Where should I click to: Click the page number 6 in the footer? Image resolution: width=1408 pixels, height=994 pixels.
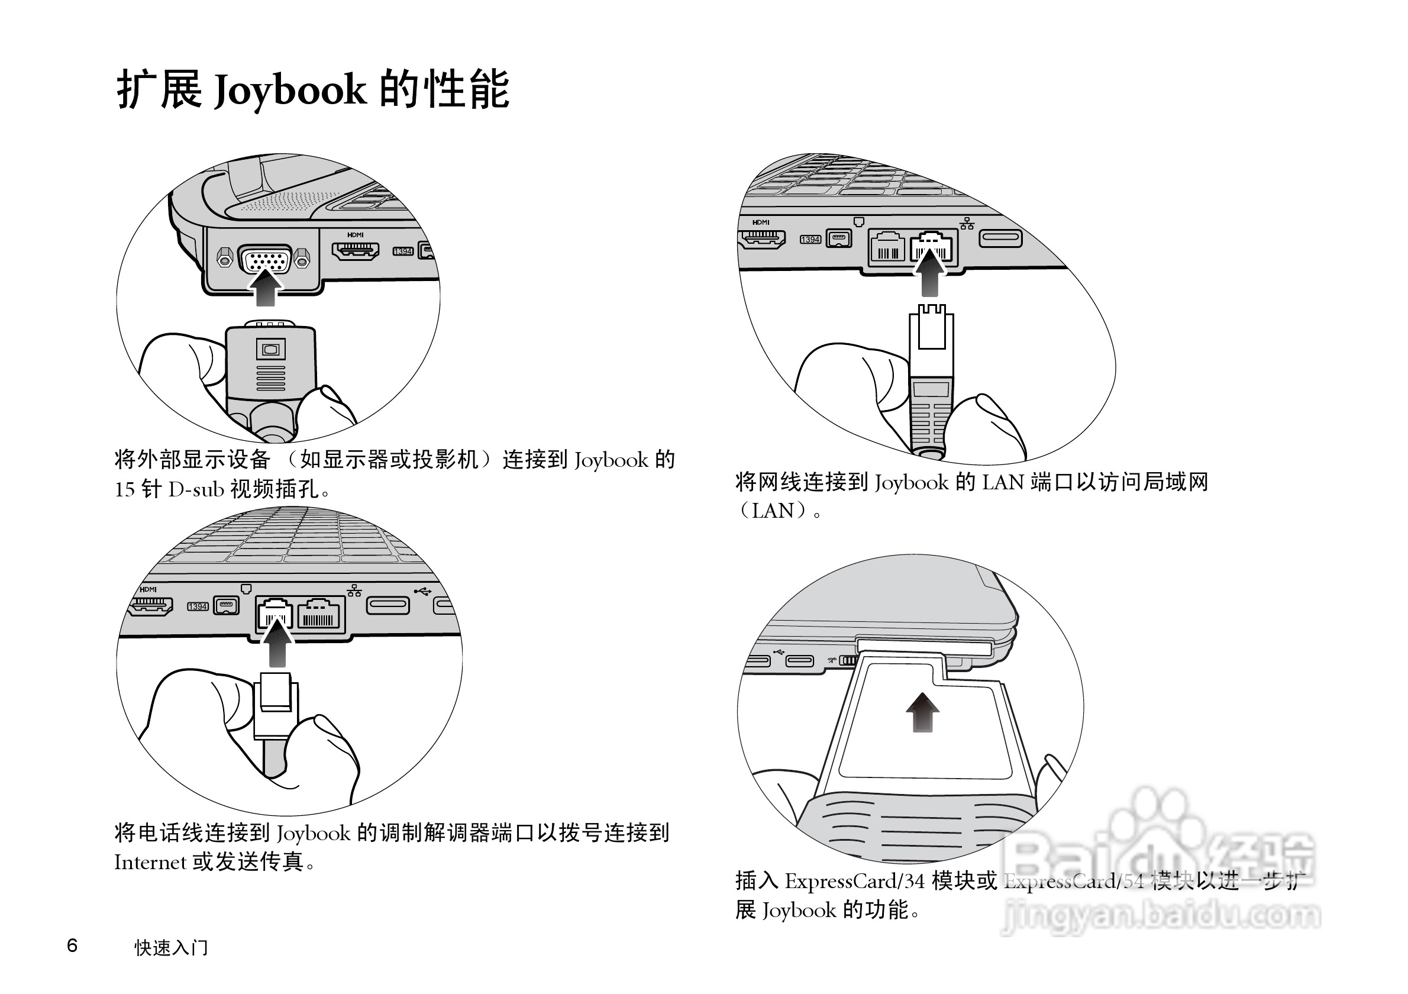(x=72, y=945)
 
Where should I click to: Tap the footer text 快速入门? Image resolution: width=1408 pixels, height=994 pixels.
(x=172, y=947)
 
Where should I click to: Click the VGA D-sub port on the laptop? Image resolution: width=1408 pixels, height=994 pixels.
(x=264, y=259)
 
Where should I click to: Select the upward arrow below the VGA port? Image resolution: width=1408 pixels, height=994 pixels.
(x=265, y=288)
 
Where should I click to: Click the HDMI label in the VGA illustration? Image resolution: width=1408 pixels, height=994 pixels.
(x=355, y=235)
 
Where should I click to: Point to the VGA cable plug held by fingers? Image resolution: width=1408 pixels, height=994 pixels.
(x=270, y=362)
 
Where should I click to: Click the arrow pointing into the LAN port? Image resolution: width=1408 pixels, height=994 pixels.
(x=930, y=273)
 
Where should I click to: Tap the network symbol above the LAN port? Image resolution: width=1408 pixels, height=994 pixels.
(x=967, y=223)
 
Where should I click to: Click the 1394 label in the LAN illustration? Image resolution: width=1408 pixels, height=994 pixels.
(x=810, y=240)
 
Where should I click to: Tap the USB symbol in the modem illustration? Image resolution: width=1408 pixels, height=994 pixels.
(x=422, y=591)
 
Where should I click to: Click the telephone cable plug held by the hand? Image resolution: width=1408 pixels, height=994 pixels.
(x=276, y=705)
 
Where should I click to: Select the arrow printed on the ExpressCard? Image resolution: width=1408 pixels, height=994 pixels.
(x=922, y=712)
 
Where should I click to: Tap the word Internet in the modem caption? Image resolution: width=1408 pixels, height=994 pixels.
(x=150, y=862)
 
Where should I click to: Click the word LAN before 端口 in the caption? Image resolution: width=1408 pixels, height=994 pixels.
(x=1003, y=483)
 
